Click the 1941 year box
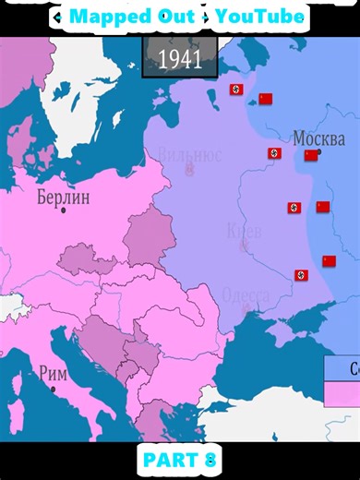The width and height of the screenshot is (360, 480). [x=180, y=59]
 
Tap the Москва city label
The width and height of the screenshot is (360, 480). [x=318, y=138]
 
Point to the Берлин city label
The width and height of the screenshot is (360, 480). [x=64, y=197]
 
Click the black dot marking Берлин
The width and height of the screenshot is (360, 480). [x=64, y=210]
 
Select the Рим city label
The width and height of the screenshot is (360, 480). [x=53, y=373]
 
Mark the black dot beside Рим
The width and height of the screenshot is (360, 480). [x=53, y=389]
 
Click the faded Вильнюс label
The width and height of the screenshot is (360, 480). [x=189, y=154]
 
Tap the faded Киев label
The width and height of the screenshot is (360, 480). [x=245, y=229]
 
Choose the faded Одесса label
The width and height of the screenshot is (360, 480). [x=246, y=295]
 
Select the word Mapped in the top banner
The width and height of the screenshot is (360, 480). [x=104, y=17]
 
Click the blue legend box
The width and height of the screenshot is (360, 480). [x=342, y=368]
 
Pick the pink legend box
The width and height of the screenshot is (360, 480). [x=342, y=394]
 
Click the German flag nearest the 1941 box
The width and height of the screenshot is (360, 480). [x=236, y=90]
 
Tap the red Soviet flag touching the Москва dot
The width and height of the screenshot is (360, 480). [x=311, y=155]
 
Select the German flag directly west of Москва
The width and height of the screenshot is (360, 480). [x=274, y=153]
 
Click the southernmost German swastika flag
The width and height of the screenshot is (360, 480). [x=301, y=275]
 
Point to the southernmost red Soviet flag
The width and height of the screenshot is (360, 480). [x=329, y=261]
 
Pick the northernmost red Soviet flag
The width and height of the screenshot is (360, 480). [x=266, y=99]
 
